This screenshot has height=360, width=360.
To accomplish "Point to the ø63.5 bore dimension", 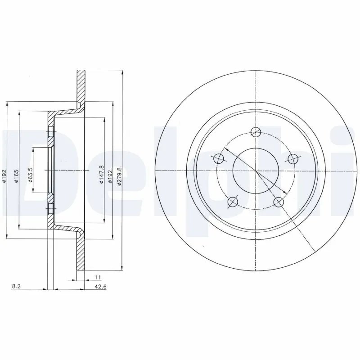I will [31, 174].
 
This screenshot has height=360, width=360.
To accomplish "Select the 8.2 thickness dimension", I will [15, 285].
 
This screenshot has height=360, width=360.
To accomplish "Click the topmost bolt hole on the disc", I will [256, 132].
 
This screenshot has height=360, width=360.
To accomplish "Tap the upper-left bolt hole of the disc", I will [219, 158].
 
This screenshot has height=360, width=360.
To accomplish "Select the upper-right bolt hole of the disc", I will [293, 158].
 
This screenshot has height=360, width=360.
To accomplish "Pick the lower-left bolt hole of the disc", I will [232, 202].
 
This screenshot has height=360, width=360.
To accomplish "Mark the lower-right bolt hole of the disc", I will [279, 202].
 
